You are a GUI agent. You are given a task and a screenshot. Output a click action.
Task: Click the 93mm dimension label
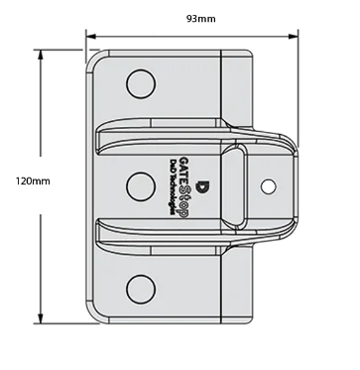(201, 19)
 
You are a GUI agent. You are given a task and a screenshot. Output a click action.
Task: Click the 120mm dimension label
(33, 182)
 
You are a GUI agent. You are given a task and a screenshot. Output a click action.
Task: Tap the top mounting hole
(141, 83)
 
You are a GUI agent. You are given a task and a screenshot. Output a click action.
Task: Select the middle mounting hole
(141, 186)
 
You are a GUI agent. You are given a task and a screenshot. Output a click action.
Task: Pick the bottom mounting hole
(141, 289)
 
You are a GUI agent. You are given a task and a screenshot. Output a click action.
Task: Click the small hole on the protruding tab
(269, 186)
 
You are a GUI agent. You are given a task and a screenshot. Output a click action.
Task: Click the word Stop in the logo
(184, 201)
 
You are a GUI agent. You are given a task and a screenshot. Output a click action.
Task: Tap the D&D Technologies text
(173, 187)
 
